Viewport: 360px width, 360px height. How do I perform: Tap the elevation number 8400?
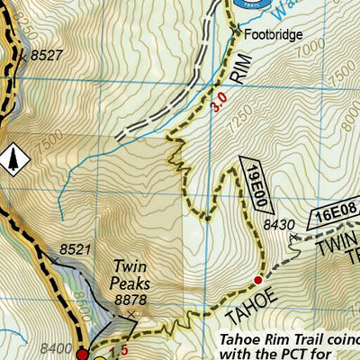click(x=56, y=347)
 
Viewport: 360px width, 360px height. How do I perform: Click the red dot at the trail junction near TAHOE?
click(x=257, y=280)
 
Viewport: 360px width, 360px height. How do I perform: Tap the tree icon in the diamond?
click(x=13, y=159)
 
